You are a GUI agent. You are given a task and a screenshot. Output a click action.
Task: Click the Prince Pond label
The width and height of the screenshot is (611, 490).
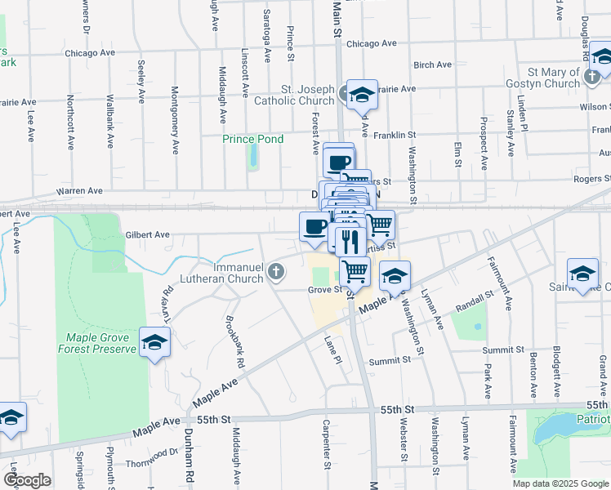click(x=253, y=139)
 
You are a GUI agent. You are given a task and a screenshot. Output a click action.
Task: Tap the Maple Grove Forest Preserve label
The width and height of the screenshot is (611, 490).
click(x=96, y=343)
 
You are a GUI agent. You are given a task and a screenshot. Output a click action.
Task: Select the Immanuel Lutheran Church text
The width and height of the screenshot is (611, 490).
click(x=238, y=273)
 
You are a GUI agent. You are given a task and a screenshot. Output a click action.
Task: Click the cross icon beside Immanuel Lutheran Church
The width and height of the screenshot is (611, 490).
click(x=277, y=271)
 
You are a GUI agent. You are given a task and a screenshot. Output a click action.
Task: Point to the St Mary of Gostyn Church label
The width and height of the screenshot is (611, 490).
click(x=542, y=78)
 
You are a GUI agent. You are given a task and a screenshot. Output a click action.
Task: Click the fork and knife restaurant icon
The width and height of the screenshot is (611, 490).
click(x=350, y=241)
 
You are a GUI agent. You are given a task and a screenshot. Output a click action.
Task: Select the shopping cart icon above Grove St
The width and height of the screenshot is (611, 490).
click(x=354, y=270)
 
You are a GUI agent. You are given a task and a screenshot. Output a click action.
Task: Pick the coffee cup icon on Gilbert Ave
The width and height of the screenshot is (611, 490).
click(x=314, y=226)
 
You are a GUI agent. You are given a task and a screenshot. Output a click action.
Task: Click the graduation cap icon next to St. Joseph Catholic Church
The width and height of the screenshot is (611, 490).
click(x=361, y=95)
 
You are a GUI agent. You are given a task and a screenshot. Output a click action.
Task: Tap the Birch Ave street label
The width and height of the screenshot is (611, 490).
click(x=432, y=65)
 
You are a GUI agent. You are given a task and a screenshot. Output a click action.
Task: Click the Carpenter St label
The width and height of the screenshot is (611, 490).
click(x=325, y=444)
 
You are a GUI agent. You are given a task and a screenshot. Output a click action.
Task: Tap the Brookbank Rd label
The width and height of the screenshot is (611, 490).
click(x=235, y=341)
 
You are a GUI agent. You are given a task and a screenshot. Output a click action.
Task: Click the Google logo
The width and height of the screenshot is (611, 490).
click(x=26, y=480)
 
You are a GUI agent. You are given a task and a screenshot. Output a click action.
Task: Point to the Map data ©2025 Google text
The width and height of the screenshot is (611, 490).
click(x=560, y=483)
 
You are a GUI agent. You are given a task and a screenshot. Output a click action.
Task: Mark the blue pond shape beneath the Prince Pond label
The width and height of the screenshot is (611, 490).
click(x=253, y=155)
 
